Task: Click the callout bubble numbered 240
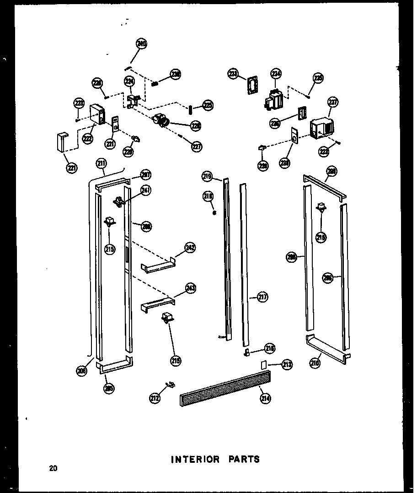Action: coord(142,44)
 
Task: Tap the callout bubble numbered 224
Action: coord(130,81)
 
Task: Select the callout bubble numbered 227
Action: coord(197,147)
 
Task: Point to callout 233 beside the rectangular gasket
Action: coord(234,74)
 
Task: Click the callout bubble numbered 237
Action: coord(332,103)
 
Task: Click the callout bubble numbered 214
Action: coord(266,399)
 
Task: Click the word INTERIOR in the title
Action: coord(195,459)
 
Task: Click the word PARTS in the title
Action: coord(243,459)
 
